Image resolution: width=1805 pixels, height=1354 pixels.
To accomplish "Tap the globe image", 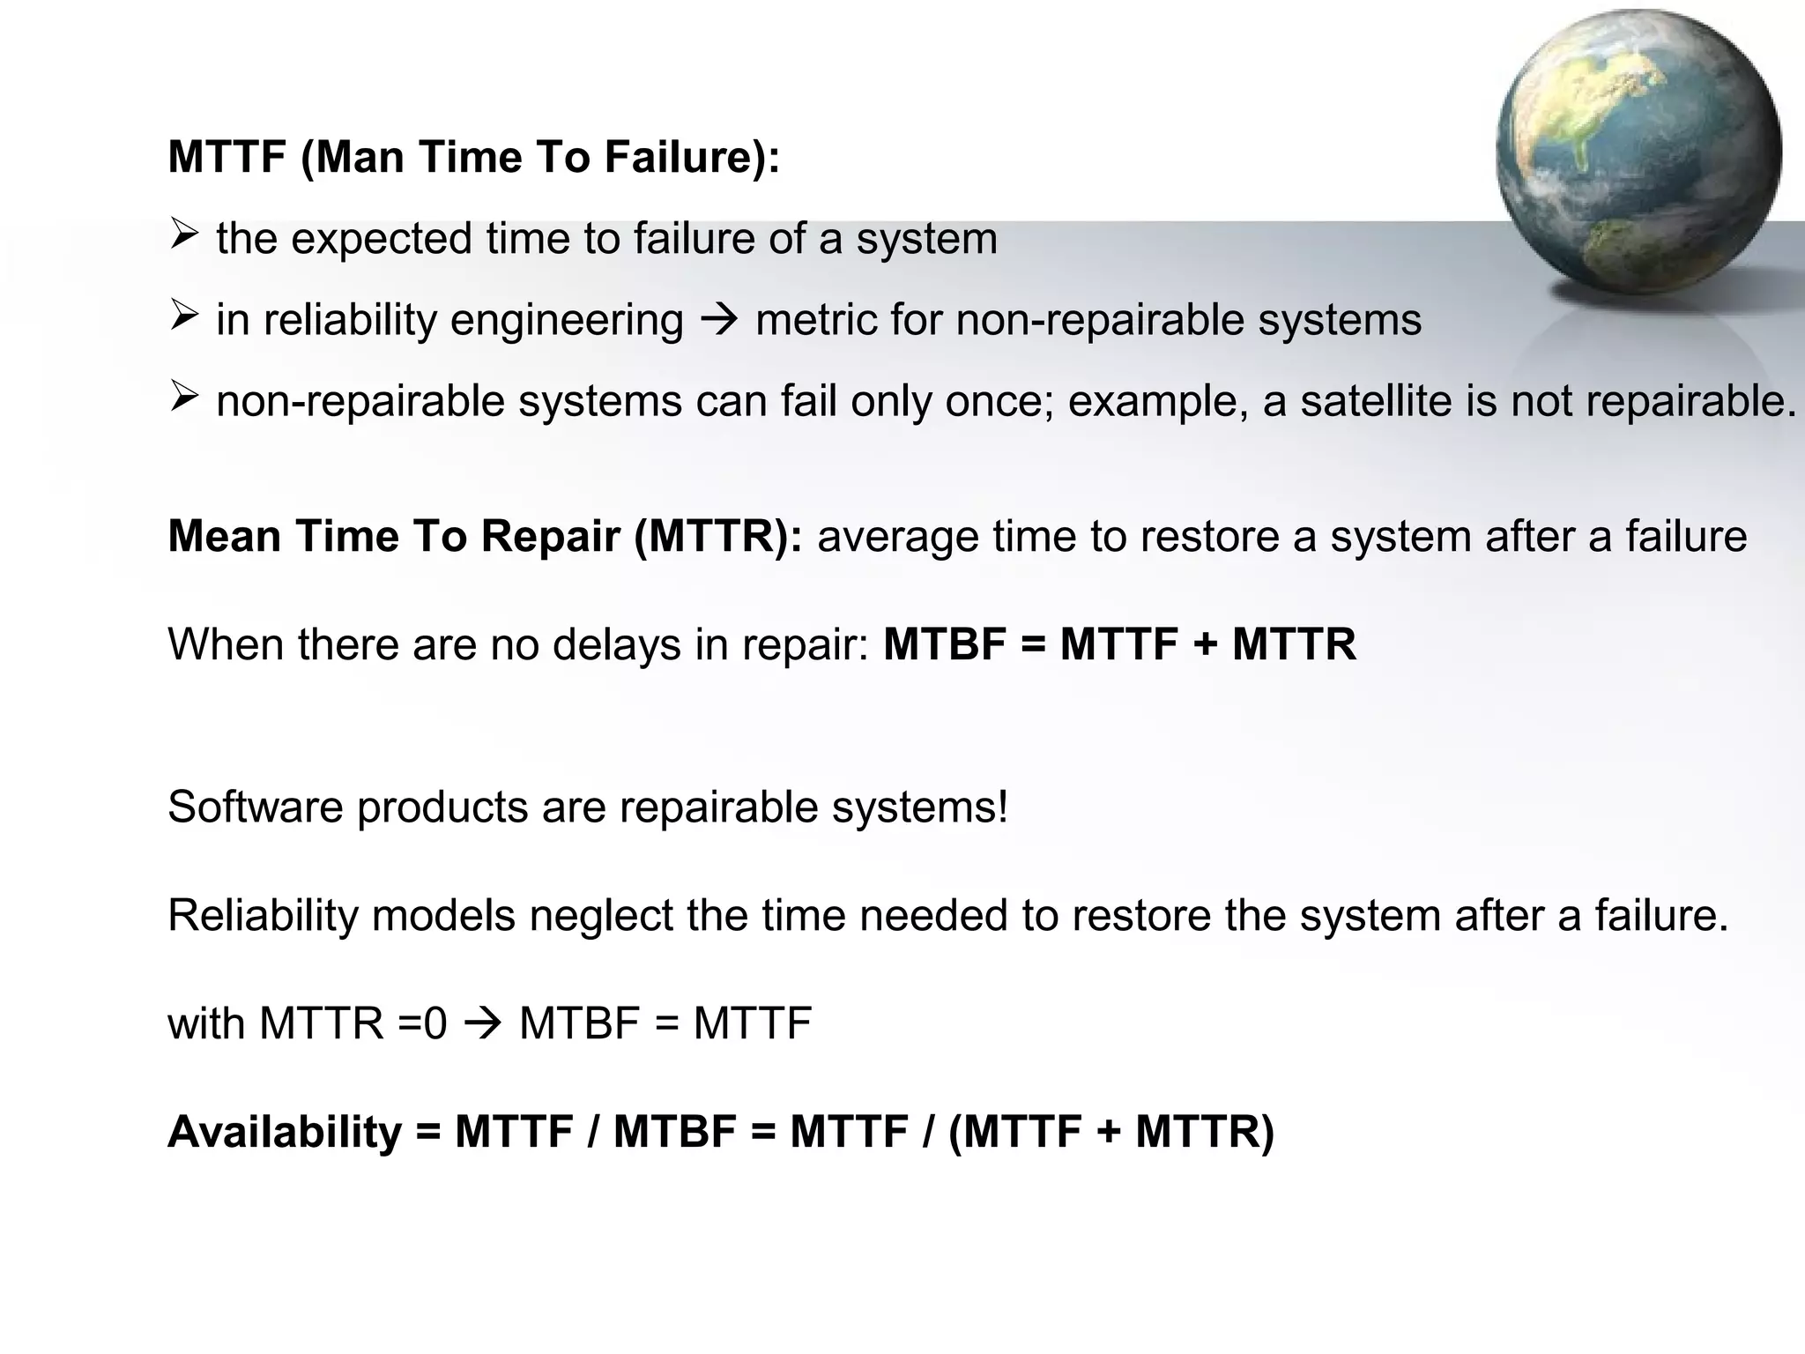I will point(1638,152).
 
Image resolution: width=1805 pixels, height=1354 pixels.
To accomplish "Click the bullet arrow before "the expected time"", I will point(183,235).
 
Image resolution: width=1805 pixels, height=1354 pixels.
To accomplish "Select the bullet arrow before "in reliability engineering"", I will point(183,316).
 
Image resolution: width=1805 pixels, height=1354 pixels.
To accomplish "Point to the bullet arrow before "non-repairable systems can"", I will point(183,398).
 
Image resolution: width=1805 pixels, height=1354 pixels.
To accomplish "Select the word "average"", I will point(897,537).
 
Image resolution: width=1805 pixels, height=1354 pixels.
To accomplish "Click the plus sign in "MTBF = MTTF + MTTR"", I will point(1205,644).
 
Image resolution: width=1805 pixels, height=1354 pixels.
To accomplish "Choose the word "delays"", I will point(617,644).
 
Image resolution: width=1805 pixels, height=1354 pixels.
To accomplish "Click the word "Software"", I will point(255,807).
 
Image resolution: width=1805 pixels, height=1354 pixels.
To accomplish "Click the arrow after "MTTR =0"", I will point(483,1024).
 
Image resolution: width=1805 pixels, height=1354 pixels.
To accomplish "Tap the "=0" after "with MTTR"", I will point(423,1024).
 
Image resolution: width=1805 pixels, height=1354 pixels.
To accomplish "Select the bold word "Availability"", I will point(284,1133).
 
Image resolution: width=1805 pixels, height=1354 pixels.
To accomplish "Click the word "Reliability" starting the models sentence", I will point(263,915).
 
